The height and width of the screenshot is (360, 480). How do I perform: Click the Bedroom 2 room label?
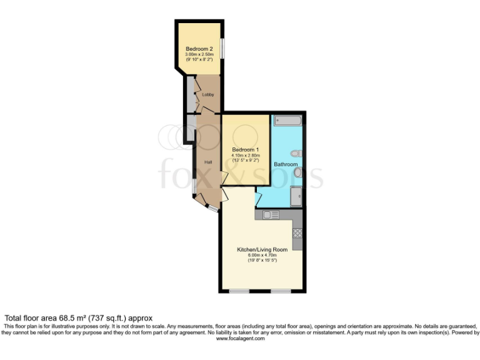(x=199, y=49)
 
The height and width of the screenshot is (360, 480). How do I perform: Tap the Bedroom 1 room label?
(x=245, y=150)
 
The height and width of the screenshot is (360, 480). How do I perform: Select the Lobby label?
(x=208, y=95)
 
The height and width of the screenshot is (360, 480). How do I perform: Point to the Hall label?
(x=209, y=162)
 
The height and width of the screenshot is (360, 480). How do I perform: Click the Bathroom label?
(x=286, y=164)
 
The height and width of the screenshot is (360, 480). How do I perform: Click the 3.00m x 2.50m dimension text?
(x=199, y=55)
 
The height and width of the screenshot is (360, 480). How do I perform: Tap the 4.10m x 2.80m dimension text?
(x=246, y=156)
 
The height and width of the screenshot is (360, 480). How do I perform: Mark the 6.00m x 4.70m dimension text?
(x=262, y=256)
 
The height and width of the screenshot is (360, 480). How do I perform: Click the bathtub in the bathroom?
(x=287, y=119)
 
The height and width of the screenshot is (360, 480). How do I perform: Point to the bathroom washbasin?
(x=298, y=172)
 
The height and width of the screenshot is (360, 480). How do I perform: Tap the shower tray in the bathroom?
(x=296, y=197)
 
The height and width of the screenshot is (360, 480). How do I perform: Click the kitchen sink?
(x=269, y=214)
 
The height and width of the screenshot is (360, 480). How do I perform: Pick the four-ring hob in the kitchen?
(x=297, y=234)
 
